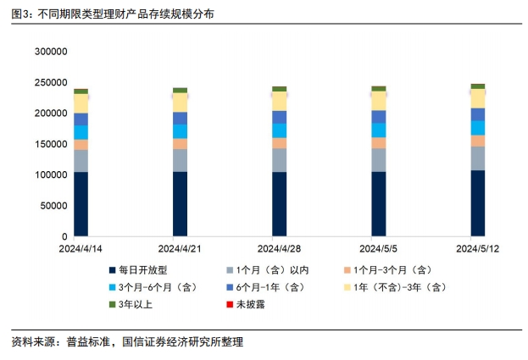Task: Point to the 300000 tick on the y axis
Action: click(50, 52)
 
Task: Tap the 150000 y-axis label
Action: click(50, 144)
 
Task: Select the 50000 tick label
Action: click(53, 206)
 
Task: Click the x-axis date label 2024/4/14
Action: click(81, 249)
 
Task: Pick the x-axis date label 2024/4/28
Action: click(279, 249)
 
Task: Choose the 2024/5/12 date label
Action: click(478, 249)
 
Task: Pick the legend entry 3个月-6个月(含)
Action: click(158, 287)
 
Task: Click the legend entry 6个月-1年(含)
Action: click(271, 287)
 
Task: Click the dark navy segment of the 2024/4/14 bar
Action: click(81, 203)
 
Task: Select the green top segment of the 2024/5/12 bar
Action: click(478, 86)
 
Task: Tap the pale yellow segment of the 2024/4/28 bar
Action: click(279, 101)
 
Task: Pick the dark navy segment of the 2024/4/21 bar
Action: click(180, 203)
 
